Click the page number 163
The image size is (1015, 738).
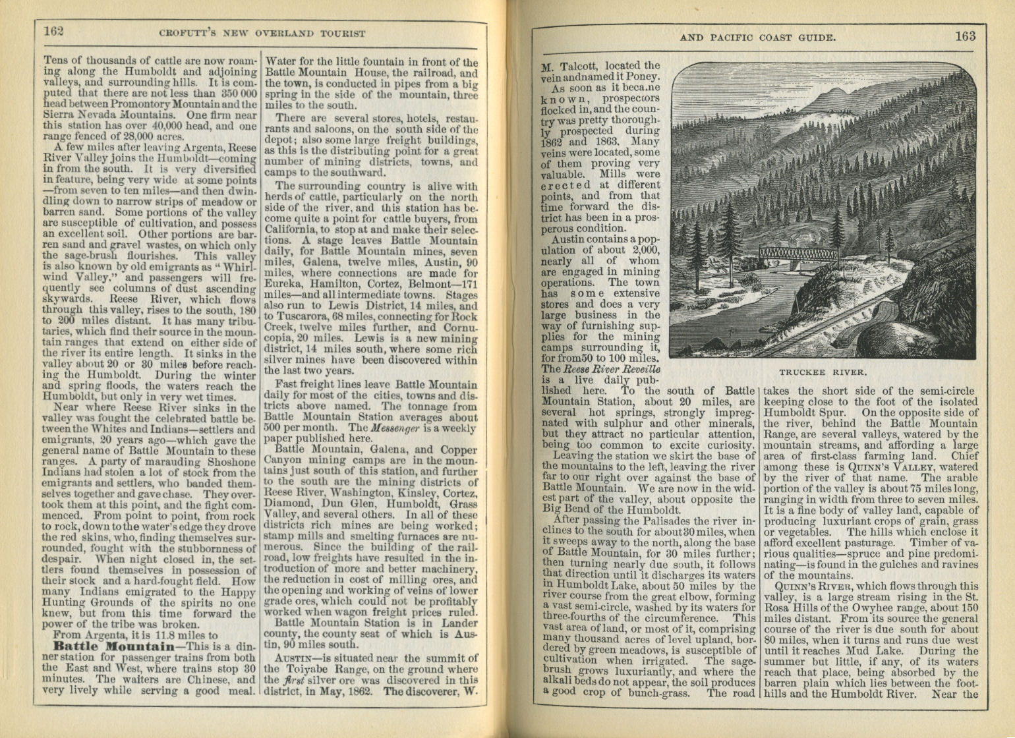click(965, 36)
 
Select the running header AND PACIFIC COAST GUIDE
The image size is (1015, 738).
click(758, 38)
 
